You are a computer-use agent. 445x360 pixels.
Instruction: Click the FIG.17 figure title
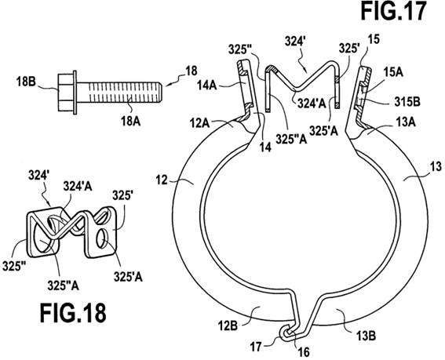(x=393, y=10)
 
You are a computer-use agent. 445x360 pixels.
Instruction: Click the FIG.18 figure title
(x=73, y=313)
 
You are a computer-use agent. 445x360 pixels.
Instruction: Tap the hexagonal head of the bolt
(x=65, y=93)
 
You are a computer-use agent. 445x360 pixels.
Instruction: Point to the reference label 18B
(x=26, y=82)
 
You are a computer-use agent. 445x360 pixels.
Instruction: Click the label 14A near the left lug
(x=207, y=85)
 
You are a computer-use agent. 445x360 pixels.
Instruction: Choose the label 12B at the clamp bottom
(x=228, y=325)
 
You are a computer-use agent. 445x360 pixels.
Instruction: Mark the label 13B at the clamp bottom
(x=366, y=336)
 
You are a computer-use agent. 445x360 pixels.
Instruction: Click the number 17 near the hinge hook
(x=256, y=347)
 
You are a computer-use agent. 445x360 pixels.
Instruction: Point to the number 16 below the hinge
(x=304, y=352)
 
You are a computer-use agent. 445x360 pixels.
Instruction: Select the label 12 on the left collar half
(x=162, y=180)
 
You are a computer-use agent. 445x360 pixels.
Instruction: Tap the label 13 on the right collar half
(x=436, y=166)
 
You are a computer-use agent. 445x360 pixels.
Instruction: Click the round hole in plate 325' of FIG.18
(x=102, y=239)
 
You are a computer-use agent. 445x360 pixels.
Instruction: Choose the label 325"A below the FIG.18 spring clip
(x=63, y=285)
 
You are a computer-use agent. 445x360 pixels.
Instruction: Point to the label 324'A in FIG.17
(x=312, y=104)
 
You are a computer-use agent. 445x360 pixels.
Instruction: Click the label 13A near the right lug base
(x=406, y=122)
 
